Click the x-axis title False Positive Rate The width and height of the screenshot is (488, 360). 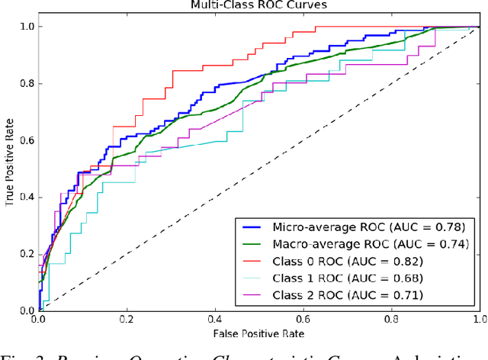coord(258,334)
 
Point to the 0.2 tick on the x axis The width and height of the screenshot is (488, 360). coord(127,320)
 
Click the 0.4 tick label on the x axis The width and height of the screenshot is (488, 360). coord(214,320)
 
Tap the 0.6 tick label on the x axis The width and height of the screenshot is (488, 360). coord(303,320)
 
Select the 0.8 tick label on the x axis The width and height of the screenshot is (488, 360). coord(391,320)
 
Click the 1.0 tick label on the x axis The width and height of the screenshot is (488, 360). coord(478,320)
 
